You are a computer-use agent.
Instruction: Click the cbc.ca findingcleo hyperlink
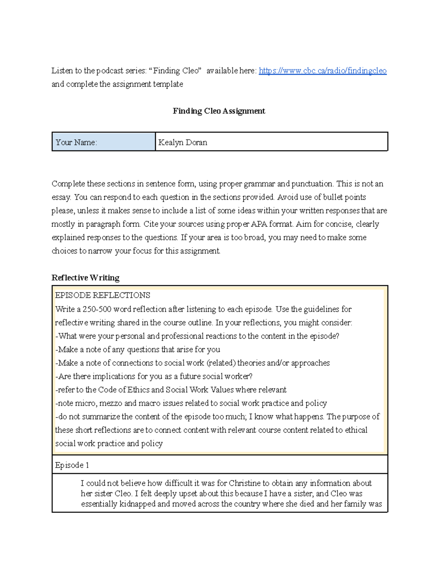(x=322, y=71)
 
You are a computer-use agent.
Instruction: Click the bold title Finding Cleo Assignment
(x=219, y=111)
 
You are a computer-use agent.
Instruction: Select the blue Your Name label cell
(x=104, y=142)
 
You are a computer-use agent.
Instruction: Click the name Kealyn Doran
(x=183, y=142)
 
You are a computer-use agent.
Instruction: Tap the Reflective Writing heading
(x=85, y=278)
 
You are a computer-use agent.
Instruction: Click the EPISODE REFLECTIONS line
(x=102, y=295)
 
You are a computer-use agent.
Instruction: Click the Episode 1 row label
(x=72, y=465)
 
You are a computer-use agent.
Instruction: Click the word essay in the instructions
(x=61, y=197)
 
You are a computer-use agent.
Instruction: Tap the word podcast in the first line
(x=110, y=71)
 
